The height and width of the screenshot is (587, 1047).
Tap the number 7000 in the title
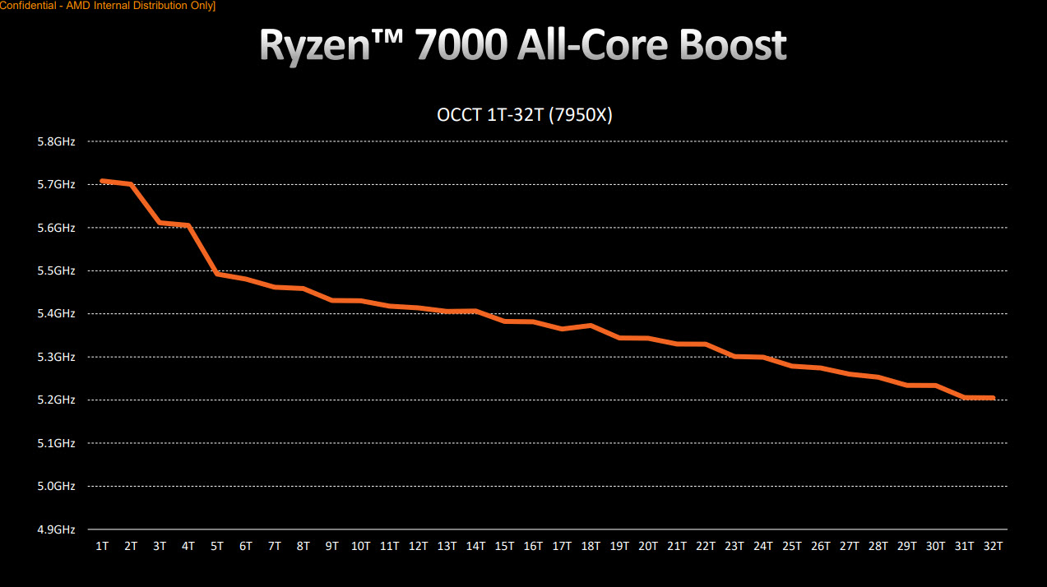click(460, 46)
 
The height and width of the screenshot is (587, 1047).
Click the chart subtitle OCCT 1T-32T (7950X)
click(524, 115)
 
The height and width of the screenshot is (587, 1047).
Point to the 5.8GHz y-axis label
click(57, 141)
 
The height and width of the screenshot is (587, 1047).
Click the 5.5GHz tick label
click(57, 270)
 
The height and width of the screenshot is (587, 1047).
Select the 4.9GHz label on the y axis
click(57, 529)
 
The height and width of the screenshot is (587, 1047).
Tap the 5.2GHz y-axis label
click(57, 400)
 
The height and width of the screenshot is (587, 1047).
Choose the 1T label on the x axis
click(102, 546)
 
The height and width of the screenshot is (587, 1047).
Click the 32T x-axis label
click(994, 546)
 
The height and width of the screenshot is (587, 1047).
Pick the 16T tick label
click(533, 546)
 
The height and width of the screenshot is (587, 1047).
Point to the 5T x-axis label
click(217, 546)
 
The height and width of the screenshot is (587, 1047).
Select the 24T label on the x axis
click(763, 546)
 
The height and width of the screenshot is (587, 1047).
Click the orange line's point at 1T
click(102, 181)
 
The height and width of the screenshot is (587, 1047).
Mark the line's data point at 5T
click(217, 274)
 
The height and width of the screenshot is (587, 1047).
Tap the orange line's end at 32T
click(994, 398)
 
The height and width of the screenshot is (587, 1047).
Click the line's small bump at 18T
click(591, 326)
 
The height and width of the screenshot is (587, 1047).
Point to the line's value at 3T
click(160, 223)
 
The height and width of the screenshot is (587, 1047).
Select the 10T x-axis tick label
click(360, 546)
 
